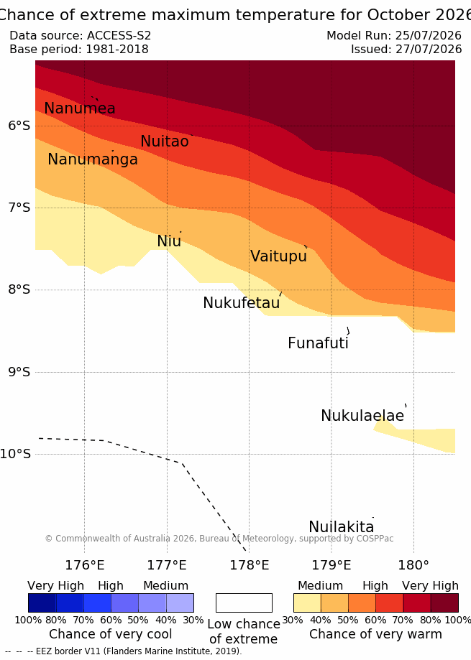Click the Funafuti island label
318,343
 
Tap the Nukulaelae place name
362,415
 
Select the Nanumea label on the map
80,108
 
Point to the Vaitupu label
278,256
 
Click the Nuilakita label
342,526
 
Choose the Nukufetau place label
242,302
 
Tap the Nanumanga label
93,159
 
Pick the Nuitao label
165,141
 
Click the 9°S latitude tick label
19,372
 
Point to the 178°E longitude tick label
250,565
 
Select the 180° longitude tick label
413,565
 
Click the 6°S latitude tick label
19,126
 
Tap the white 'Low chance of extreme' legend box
244,603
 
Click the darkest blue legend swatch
42,603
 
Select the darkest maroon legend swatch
444,603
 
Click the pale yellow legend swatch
307,603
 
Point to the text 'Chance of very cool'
110,634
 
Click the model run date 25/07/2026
429,35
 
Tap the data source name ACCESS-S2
119,35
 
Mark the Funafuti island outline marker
348,331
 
